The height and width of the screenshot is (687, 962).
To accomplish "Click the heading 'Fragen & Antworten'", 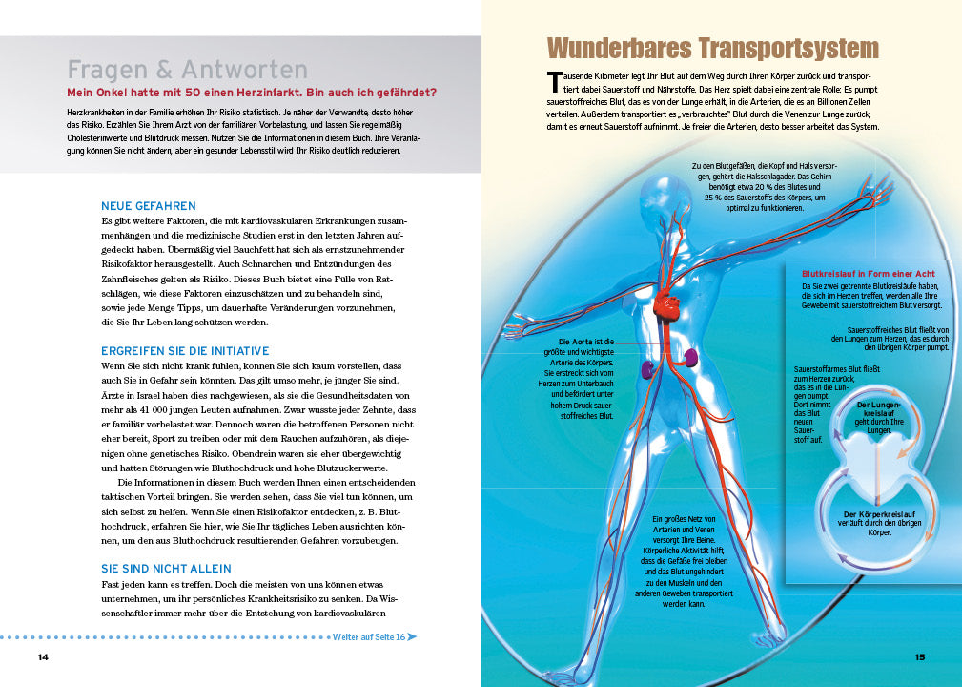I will pyautogui.click(x=188, y=70).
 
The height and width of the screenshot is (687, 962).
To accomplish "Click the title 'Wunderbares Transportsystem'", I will pyautogui.click(x=713, y=49).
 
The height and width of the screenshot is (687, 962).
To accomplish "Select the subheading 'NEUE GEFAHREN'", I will pyautogui.click(x=148, y=206).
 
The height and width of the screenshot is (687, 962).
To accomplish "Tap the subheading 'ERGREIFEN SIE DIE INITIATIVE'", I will pyautogui.click(x=185, y=351).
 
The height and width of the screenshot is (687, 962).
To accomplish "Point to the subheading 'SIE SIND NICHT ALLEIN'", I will pyautogui.click(x=166, y=569).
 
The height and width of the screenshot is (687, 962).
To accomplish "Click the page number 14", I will pyautogui.click(x=43, y=657).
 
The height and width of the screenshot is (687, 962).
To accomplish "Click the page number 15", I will pyautogui.click(x=919, y=656).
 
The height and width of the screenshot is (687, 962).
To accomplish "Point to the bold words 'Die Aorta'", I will pyautogui.click(x=577, y=341).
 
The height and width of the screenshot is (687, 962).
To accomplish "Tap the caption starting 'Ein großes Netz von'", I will pyautogui.click(x=684, y=518).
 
